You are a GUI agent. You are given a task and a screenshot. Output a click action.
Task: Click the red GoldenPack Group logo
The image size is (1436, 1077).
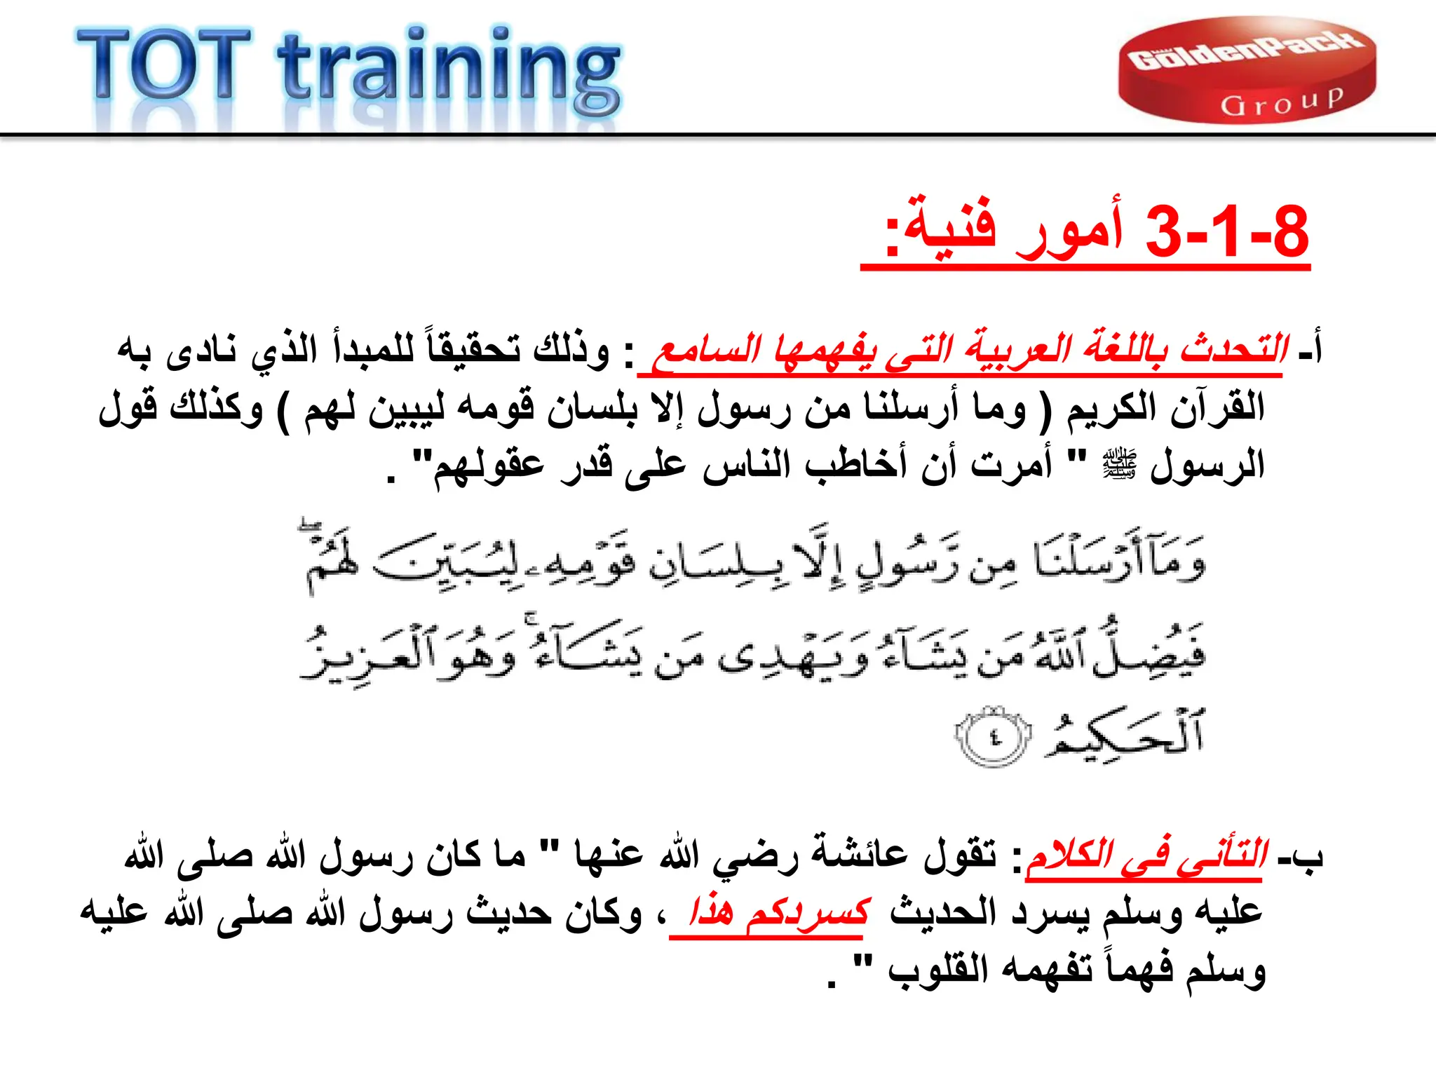click(x=1247, y=70)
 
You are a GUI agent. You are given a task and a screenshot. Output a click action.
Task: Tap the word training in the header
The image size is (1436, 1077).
click(x=449, y=70)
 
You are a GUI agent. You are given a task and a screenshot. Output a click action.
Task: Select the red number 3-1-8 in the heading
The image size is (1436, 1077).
click(x=1226, y=232)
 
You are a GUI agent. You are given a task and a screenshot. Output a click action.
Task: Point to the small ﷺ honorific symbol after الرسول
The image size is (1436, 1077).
click(x=1119, y=463)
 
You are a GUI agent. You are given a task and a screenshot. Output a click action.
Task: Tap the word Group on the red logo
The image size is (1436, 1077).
click(x=1281, y=103)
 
